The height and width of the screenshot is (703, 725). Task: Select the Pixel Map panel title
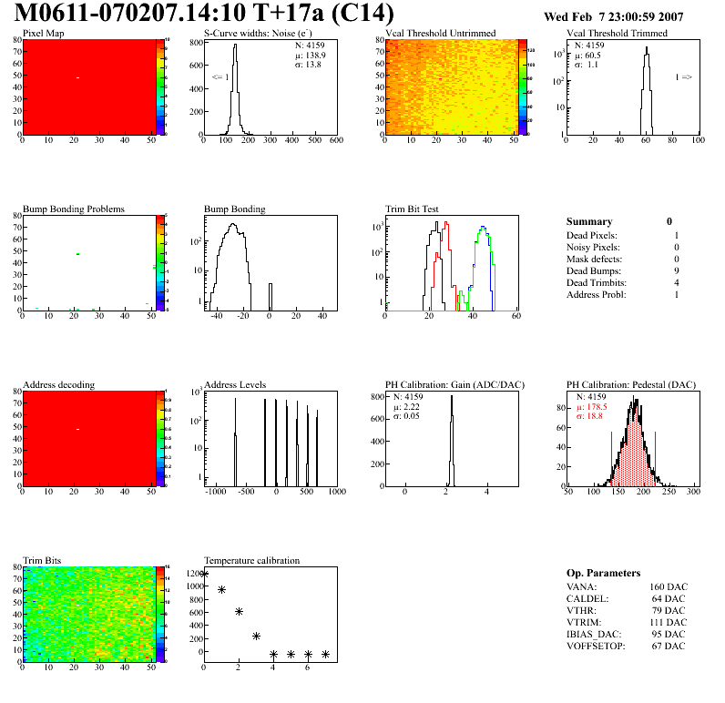pyautogui.click(x=43, y=34)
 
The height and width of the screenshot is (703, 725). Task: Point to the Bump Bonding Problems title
pyautogui.click(x=73, y=209)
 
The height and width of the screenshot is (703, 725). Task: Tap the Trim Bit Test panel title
pyautogui.click(x=412, y=209)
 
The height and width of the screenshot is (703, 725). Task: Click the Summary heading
pyautogui.click(x=589, y=221)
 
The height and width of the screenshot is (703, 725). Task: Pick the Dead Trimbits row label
pyautogui.click(x=596, y=282)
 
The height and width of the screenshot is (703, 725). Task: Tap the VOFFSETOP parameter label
pyautogui.click(x=597, y=646)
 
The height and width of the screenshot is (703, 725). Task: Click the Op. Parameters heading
pyautogui.click(x=603, y=573)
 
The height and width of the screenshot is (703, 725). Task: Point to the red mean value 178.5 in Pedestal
pyautogui.click(x=595, y=407)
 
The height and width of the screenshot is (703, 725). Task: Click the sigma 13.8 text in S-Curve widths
pyautogui.click(x=311, y=66)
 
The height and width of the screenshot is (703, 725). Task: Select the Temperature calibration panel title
pyautogui.click(x=251, y=560)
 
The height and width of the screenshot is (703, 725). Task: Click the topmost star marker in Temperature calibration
pyautogui.click(x=204, y=575)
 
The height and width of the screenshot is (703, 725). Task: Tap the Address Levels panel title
pyautogui.click(x=235, y=384)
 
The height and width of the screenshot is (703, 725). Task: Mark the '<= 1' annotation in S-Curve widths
pyautogui.click(x=220, y=77)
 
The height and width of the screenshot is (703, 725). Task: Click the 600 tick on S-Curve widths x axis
pyautogui.click(x=335, y=140)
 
